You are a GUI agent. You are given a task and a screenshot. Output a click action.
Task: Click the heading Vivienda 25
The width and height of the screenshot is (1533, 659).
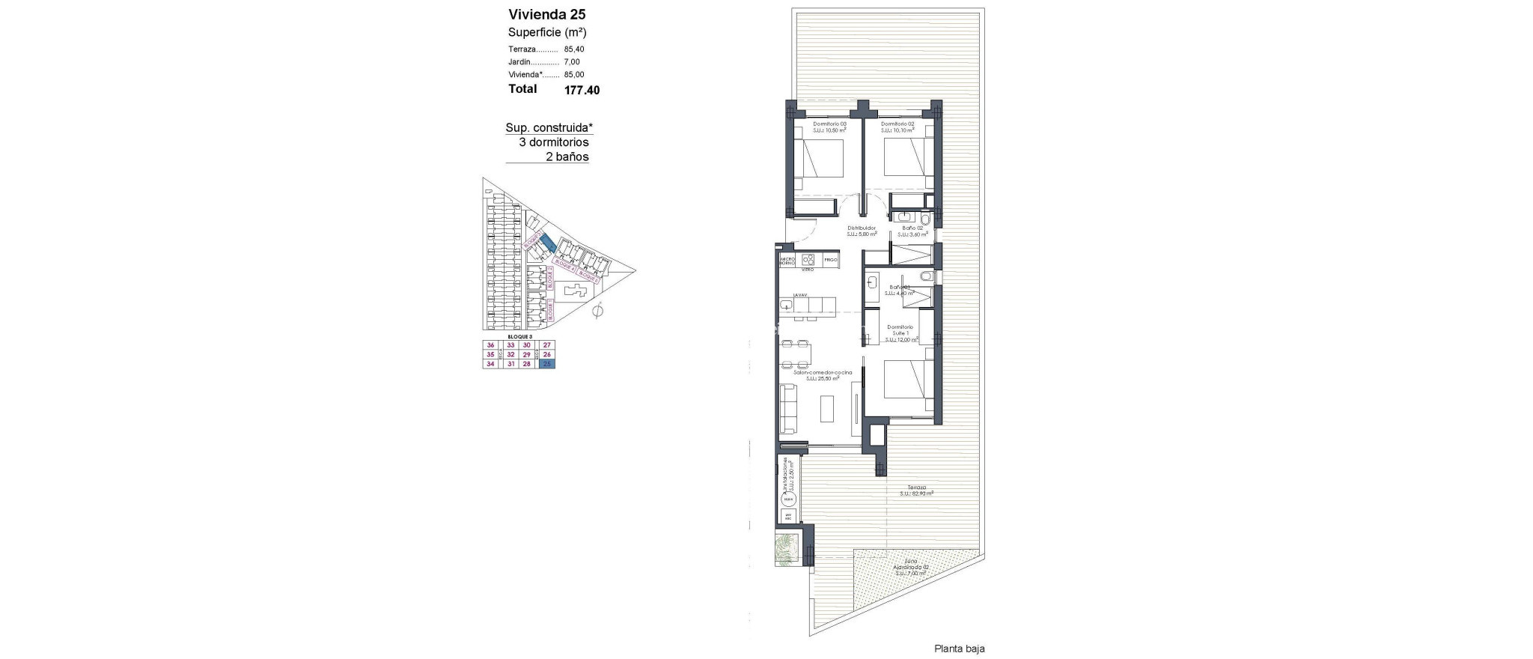click(x=546, y=14)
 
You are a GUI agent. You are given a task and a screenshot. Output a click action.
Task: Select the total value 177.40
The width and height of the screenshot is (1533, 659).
click(x=582, y=90)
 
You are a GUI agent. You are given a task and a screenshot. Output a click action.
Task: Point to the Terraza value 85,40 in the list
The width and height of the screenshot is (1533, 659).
click(x=574, y=49)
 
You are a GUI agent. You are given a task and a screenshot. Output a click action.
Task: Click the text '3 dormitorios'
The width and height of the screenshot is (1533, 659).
click(x=554, y=142)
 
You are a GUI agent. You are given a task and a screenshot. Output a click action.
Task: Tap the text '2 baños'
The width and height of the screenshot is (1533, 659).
click(x=567, y=157)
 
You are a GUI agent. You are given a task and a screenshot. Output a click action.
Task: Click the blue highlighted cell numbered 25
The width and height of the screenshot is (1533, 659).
click(x=548, y=364)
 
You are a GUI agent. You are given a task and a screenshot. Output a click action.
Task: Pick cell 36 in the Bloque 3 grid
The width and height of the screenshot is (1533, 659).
click(x=491, y=345)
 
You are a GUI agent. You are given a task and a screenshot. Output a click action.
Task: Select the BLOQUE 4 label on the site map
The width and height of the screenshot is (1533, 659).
click(x=563, y=266)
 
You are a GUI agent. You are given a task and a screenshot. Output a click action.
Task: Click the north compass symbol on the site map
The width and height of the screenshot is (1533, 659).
click(x=597, y=312)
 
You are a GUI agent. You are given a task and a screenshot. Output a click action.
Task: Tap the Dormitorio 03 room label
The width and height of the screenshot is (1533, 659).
click(x=830, y=124)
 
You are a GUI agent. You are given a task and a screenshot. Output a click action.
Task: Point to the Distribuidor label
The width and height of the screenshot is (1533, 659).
click(x=862, y=228)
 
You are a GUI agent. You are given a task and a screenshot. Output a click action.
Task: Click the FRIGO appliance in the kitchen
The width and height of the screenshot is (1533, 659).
click(x=829, y=260)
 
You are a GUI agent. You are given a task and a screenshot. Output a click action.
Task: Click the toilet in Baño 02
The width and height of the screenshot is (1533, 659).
click(x=925, y=219)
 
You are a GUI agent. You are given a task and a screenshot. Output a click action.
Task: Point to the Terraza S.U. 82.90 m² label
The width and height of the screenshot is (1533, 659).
click(x=911, y=489)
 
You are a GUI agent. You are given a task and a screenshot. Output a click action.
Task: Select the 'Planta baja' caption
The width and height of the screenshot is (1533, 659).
click(x=959, y=649)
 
